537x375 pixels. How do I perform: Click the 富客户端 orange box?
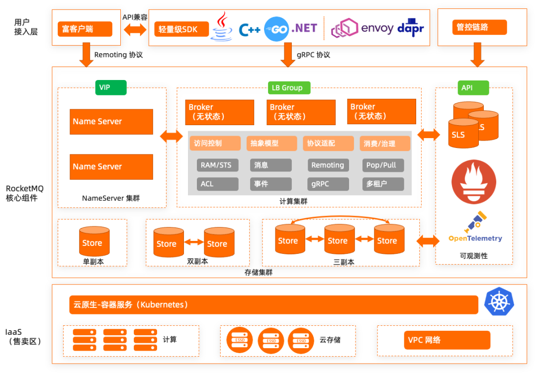click(x=85, y=29)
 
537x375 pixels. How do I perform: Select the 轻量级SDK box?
click(x=179, y=29)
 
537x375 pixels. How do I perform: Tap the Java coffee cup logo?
click(x=222, y=27)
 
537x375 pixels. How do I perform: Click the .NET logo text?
click(x=304, y=28)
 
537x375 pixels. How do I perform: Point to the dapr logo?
click(x=411, y=28)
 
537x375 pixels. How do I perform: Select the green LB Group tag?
click(x=287, y=87)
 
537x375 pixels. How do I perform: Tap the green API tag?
click(x=467, y=87)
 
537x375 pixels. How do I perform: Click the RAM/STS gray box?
click(x=216, y=165)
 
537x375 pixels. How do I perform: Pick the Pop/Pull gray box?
click(x=382, y=165)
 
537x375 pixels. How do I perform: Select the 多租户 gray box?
click(x=382, y=184)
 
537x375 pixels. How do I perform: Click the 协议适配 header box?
click(x=328, y=144)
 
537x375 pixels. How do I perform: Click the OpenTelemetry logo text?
click(x=475, y=238)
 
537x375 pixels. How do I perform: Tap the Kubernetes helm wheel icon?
click(x=499, y=302)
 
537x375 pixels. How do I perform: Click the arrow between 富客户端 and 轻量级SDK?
click(x=135, y=29)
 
